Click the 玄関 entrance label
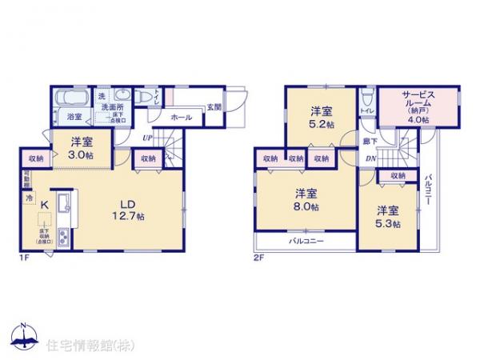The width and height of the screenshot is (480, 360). [x=214, y=106]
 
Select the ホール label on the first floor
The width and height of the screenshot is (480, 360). [x=181, y=118]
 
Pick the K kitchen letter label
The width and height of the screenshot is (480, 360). [x=45, y=206]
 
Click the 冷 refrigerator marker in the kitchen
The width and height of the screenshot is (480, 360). [x=29, y=196]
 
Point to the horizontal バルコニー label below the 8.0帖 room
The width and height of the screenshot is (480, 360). [x=307, y=240]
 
